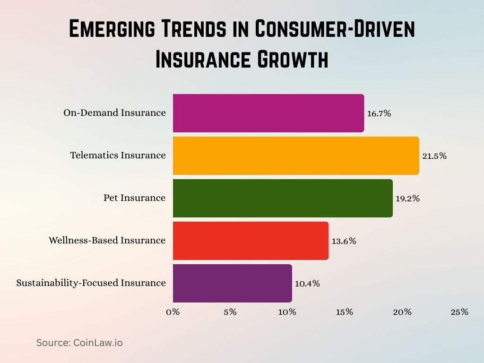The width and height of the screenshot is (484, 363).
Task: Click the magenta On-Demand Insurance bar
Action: point(268,113)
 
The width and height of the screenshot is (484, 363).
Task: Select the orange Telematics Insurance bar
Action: point(296,156)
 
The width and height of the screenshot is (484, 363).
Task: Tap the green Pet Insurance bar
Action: point(283,198)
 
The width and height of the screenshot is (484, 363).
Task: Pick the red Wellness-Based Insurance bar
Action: point(251,241)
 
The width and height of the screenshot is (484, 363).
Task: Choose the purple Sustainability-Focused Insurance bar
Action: point(233,283)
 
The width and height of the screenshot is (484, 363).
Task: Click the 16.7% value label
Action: point(379,113)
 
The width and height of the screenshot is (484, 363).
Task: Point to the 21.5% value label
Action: point(434,156)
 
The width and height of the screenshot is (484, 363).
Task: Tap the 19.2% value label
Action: point(407,199)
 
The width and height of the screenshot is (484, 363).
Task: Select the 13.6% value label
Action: point(344,241)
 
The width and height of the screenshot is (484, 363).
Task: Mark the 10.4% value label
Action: point(307,284)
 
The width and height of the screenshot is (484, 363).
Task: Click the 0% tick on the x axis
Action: point(173,312)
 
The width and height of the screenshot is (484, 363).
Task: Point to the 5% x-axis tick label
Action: point(230,312)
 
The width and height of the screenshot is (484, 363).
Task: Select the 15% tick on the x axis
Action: point(345,312)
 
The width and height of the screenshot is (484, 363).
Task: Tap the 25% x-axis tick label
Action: point(459,312)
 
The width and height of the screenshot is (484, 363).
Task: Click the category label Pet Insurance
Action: point(135,198)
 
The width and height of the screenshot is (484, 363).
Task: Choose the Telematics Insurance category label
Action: point(118,156)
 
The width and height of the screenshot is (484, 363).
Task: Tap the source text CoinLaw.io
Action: point(98,343)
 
